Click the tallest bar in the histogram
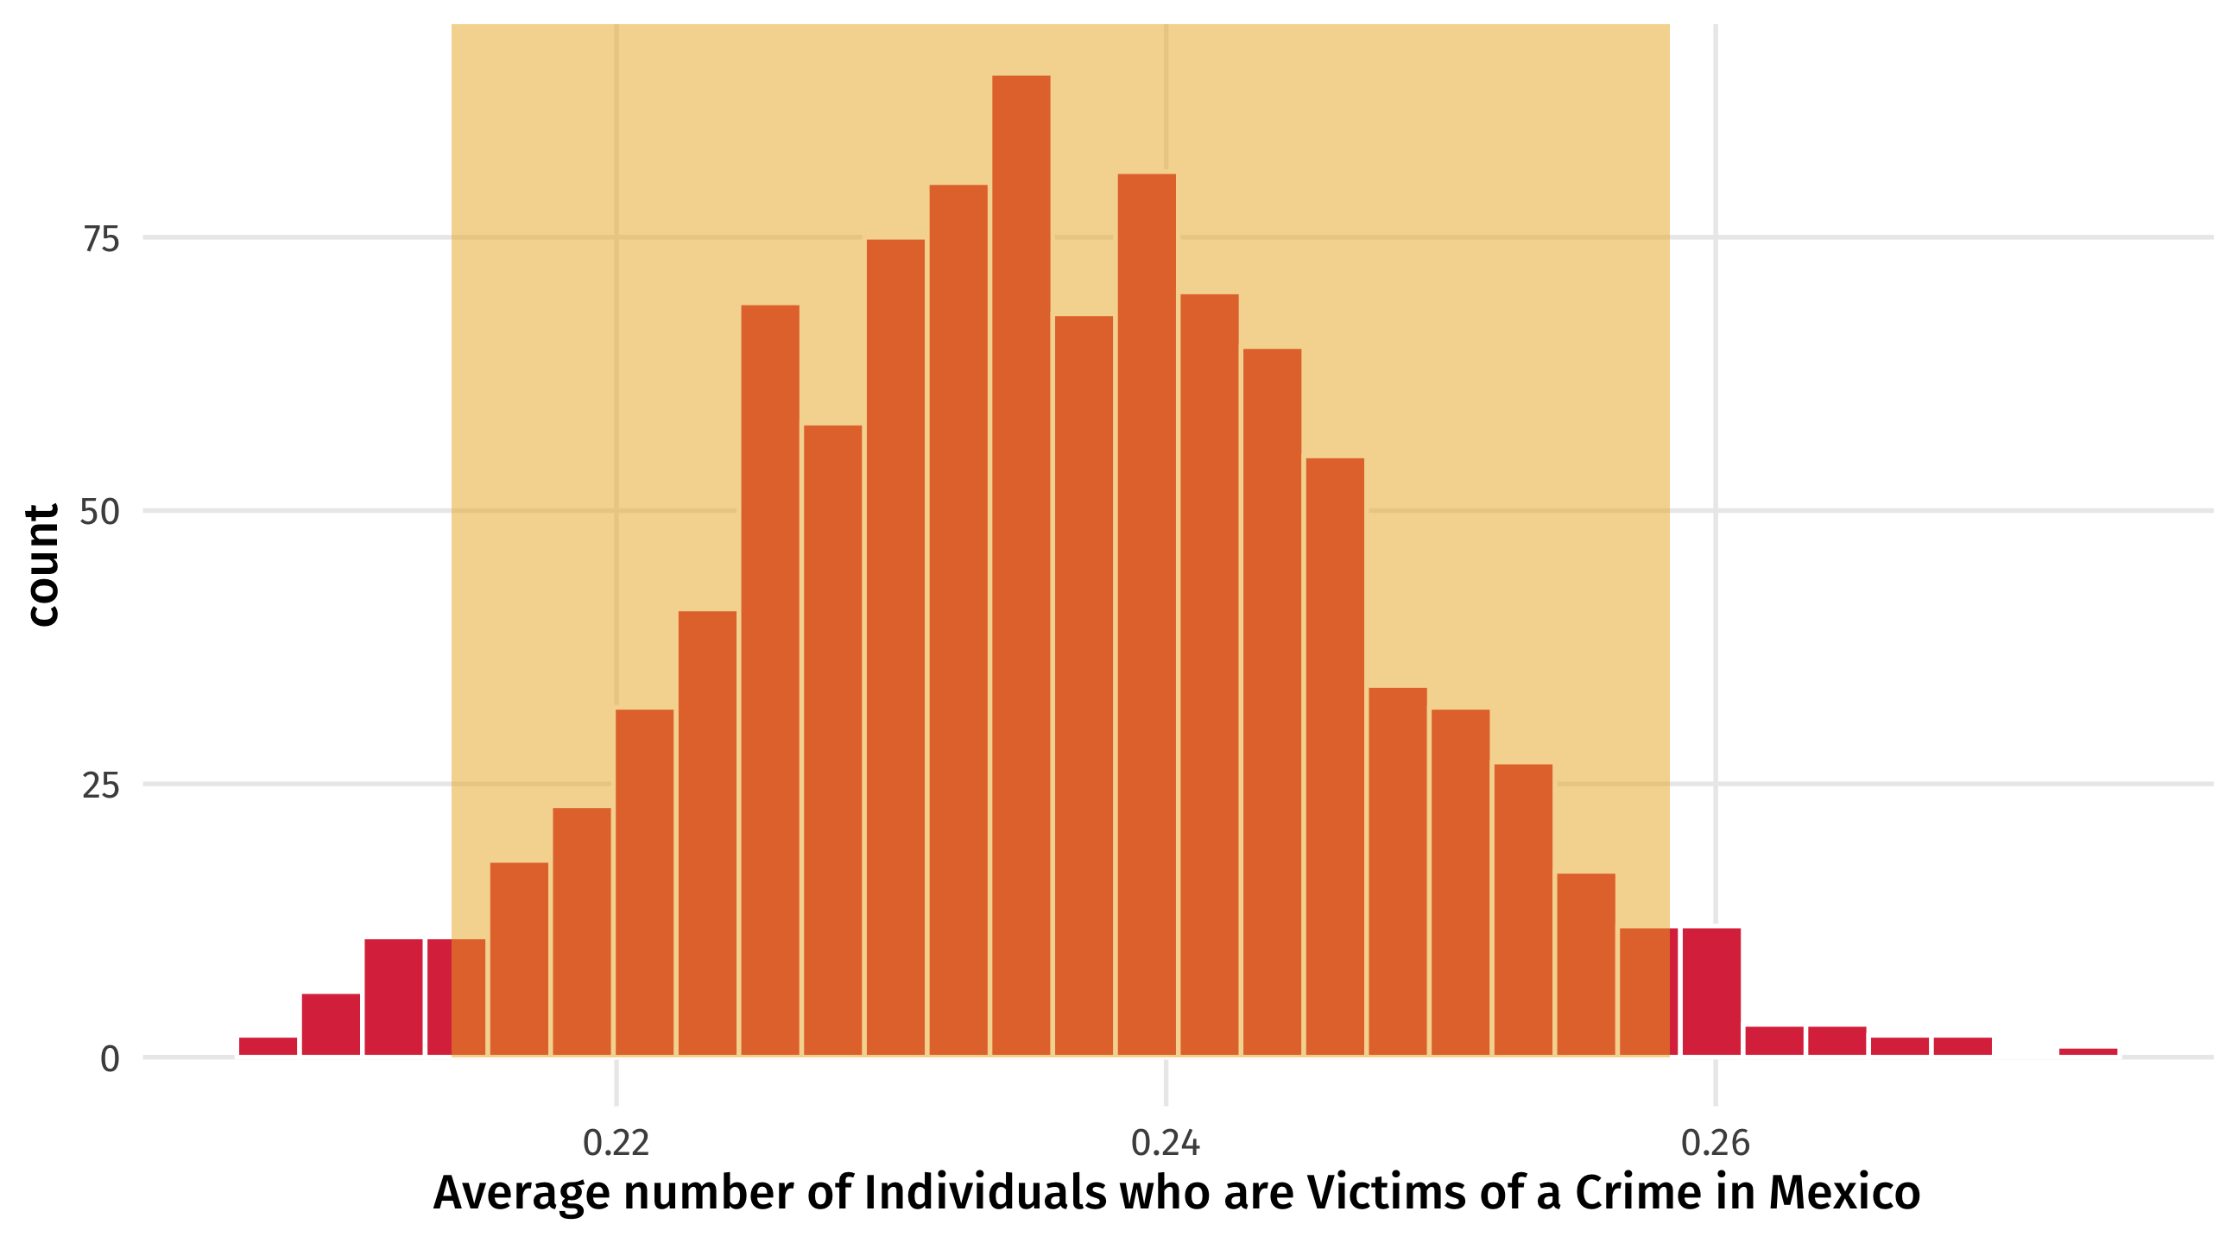click(x=1021, y=565)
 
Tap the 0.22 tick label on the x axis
click(x=616, y=1143)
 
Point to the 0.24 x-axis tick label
click(x=1165, y=1143)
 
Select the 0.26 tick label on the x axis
click(x=1715, y=1143)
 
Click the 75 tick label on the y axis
click(x=101, y=239)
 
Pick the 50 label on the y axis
click(x=100, y=512)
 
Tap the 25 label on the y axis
click(x=101, y=786)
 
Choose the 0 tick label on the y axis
click(x=110, y=1059)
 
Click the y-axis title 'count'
click(x=42, y=565)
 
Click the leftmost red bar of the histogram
click(x=268, y=1046)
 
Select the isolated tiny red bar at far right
click(x=2088, y=1052)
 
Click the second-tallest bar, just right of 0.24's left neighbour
click(x=1147, y=614)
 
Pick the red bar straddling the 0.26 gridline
click(x=1711, y=991)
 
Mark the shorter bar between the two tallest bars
click(x=1084, y=685)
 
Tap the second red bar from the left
click(x=330, y=1024)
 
